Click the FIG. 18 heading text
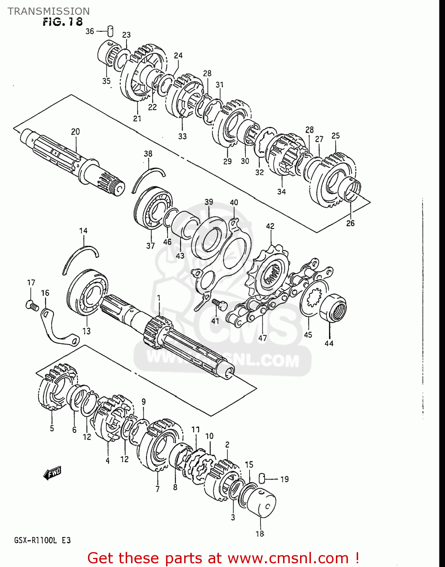pos(62,22)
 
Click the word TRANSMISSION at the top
pos(49,11)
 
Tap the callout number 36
pos(89,31)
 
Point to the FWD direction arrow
pos(52,473)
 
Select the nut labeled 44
pos(333,308)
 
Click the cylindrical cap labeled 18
pos(261,502)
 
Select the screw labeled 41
pos(218,304)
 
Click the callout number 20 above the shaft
pos(75,132)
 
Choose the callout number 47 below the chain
pos(262,338)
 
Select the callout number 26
pos(350,223)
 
